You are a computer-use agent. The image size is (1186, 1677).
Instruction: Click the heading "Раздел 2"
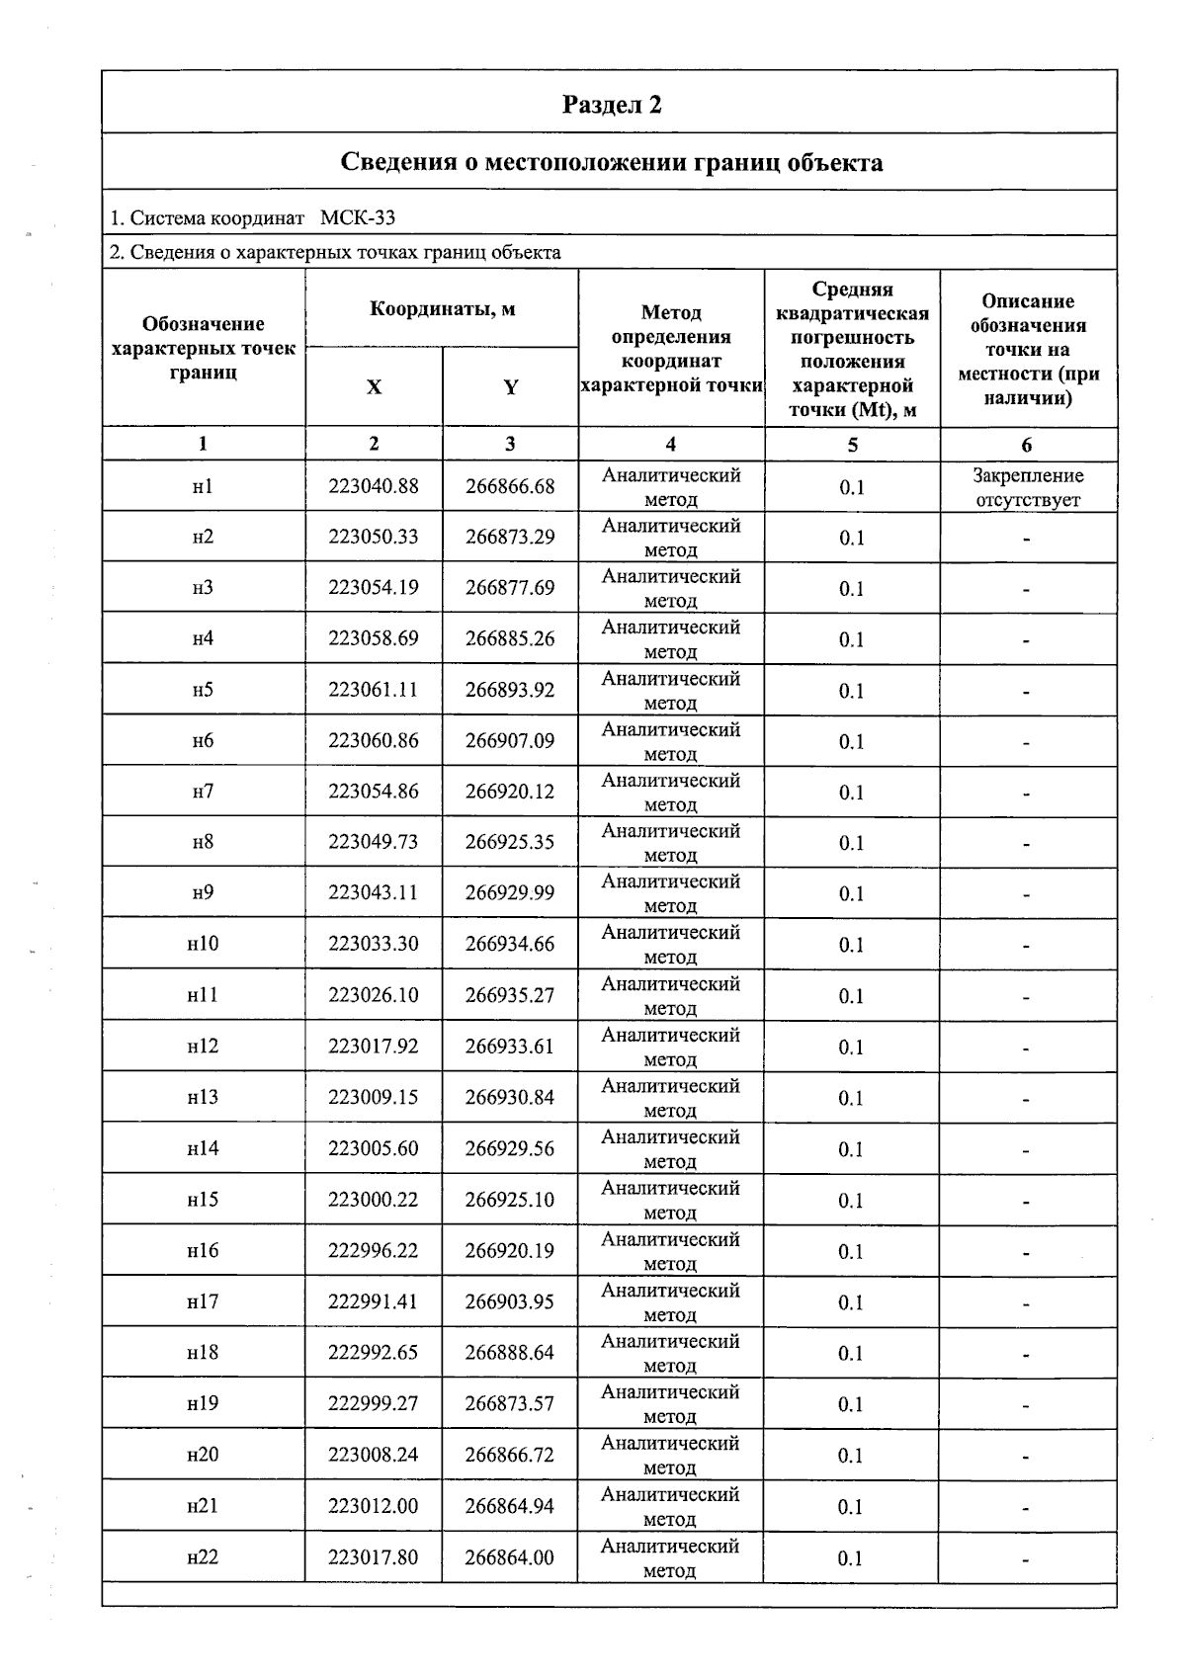click(611, 105)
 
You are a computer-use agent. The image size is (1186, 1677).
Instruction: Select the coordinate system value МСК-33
click(358, 217)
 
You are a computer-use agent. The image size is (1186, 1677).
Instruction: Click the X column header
click(374, 387)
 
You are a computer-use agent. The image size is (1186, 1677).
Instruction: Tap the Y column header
click(510, 387)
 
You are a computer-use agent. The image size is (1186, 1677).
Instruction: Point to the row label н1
click(203, 486)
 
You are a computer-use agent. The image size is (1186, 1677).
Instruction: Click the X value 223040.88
click(374, 486)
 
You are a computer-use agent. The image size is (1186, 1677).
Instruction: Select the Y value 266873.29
click(510, 537)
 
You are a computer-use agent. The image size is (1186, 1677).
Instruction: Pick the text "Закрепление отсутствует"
click(1028, 487)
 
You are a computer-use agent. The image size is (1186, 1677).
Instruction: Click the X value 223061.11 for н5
click(374, 690)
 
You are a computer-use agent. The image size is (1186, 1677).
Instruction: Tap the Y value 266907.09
click(510, 740)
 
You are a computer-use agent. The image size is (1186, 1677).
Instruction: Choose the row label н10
click(203, 944)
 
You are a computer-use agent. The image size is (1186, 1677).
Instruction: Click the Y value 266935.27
click(510, 995)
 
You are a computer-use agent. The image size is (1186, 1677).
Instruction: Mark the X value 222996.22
click(374, 1250)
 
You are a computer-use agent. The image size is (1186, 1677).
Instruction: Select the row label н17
click(203, 1301)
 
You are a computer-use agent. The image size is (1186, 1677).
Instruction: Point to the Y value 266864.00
click(510, 1557)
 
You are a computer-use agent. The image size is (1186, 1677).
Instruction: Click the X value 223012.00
click(374, 1506)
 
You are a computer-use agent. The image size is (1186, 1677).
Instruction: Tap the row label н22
click(203, 1557)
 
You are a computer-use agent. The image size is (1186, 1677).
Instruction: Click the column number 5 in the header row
click(852, 445)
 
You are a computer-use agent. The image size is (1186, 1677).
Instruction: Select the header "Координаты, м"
click(442, 308)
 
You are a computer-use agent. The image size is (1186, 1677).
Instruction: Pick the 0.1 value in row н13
click(851, 1098)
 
